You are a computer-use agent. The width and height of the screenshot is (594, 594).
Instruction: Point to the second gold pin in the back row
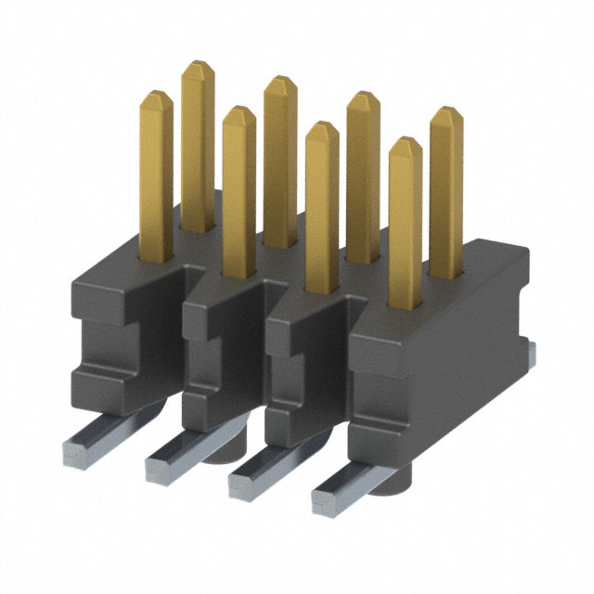[x=279, y=158]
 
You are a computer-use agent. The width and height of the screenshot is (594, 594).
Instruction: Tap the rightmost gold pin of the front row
[x=405, y=223]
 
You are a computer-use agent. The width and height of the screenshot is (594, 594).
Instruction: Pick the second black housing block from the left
[x=223, y=357]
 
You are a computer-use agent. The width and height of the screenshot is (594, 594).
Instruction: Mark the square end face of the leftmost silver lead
[x=73, y=451]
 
